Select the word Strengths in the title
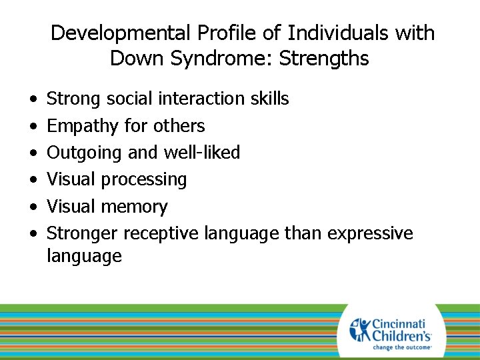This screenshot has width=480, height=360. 324,59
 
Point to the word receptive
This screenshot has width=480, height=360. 163,233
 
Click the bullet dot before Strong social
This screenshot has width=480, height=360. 33,99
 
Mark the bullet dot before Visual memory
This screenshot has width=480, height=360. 33,207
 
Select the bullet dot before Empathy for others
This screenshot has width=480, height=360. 33,127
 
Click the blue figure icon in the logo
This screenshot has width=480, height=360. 361,329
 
